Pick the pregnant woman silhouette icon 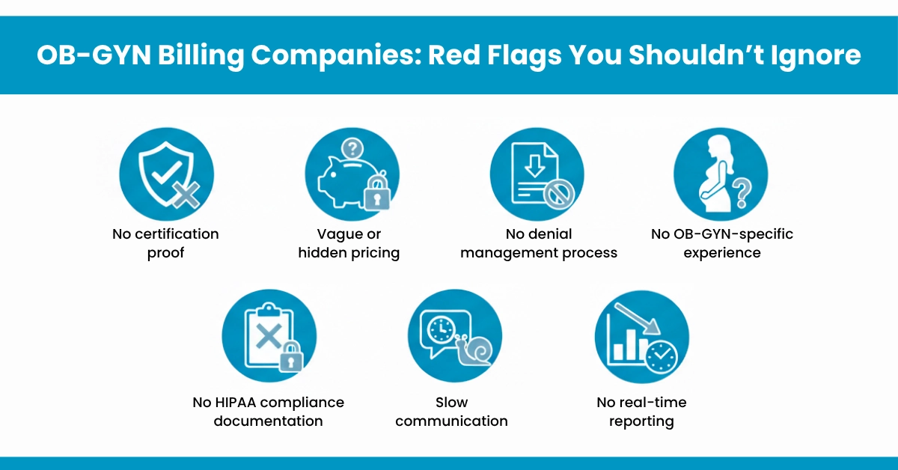(x=712, y=172)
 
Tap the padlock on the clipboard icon (x=291, y=357)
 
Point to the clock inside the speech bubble (x=440, y=329)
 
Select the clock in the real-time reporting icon (x=661, y=357)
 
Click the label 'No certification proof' (x=165, y=243)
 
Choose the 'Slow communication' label (x=451, y=412)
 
